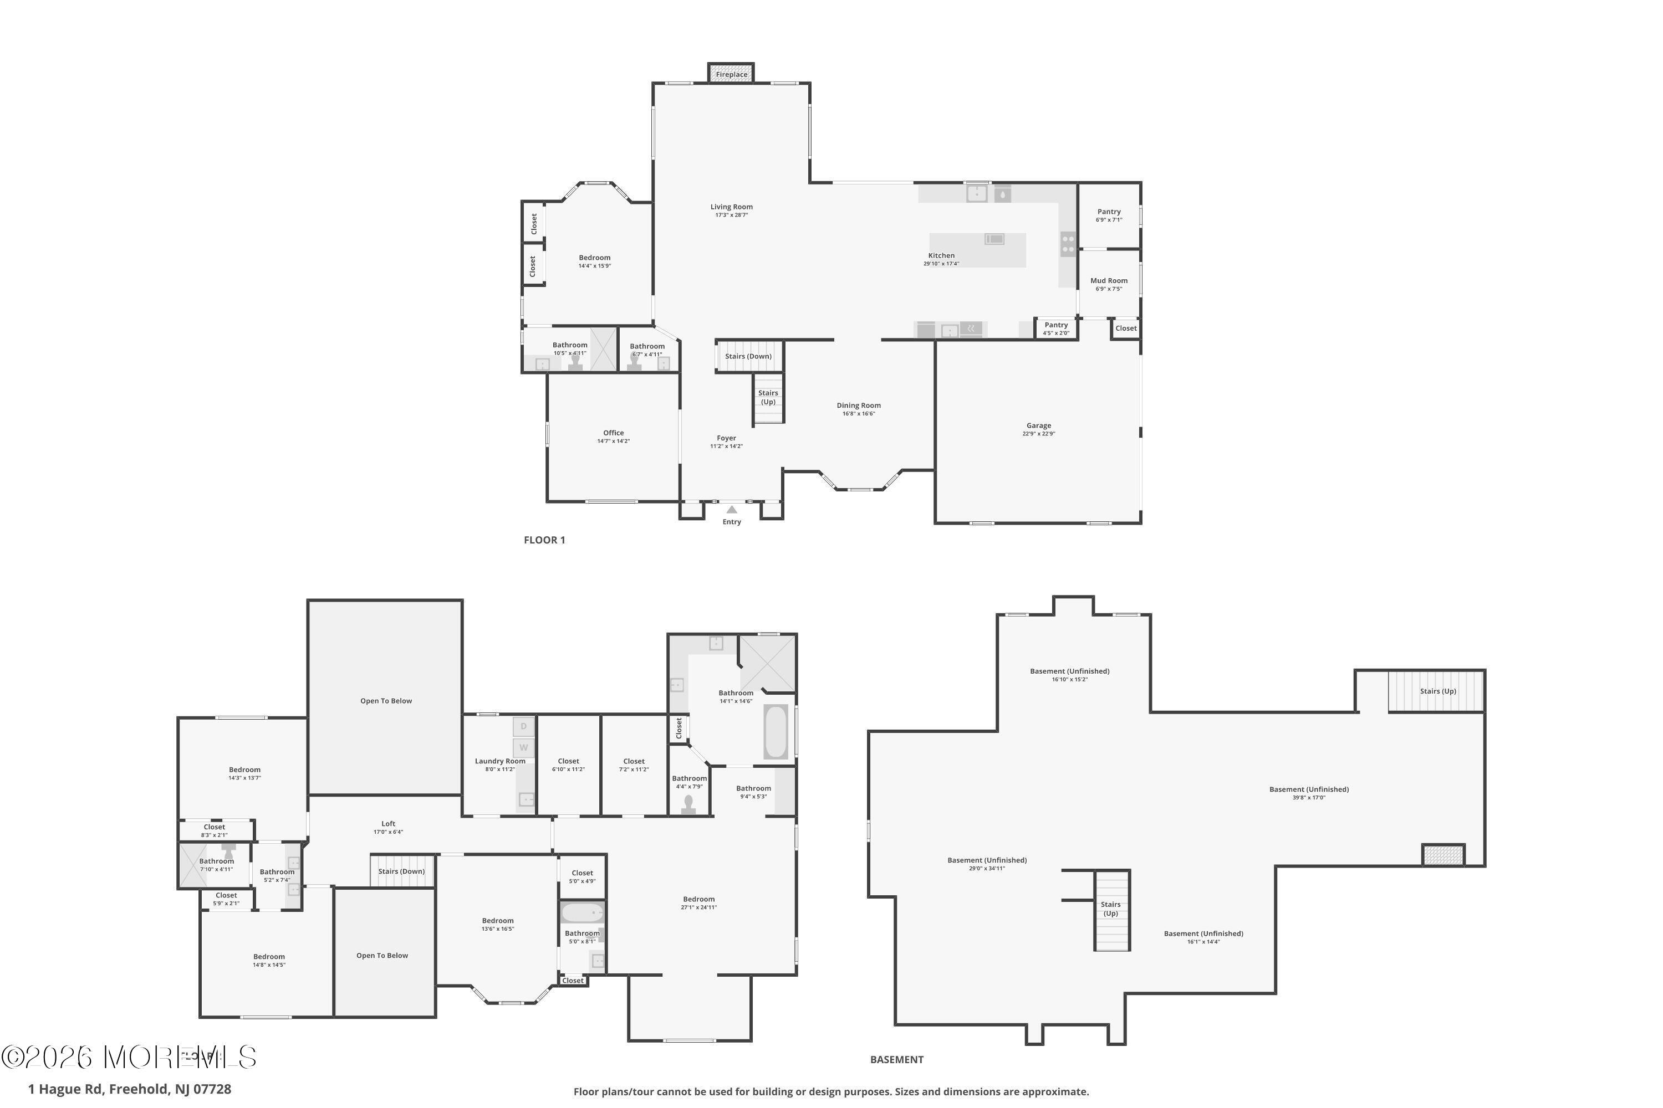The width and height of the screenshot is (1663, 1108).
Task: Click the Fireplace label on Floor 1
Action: click(x=731, y=74)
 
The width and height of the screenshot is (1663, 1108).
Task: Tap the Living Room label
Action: click(x=731, y=207)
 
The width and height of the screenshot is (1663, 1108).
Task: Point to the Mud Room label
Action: click(x=1109, y=280)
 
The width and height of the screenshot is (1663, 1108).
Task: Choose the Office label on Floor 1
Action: click(x=613, y=433)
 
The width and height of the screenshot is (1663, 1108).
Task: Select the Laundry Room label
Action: click(x=500, y=761)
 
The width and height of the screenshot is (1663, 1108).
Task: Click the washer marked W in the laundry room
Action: click(x=524, y=747)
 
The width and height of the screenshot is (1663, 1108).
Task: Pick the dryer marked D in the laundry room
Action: click(x=524, y=726)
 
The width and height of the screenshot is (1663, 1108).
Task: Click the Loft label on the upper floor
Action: click(x=388, y=824)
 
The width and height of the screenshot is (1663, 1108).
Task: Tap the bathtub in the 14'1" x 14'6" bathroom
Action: click(x=776, y=731)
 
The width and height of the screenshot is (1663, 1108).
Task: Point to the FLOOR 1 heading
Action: click(x=544, y=540)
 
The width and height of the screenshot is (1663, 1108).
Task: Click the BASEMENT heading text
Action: click(x=896, y=1059)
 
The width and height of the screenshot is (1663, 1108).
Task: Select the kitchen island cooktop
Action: click(x=994, y=239)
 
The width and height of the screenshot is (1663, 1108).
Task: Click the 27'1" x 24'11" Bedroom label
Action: click(x=698, y=900)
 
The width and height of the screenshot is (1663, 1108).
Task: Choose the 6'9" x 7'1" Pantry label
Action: click(x=1109, y=212)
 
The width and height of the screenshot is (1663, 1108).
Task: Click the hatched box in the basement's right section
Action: click(x=1442, y=855)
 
